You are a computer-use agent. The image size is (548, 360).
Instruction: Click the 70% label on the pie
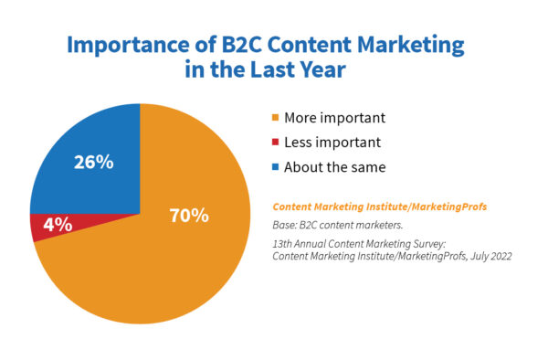coord(189,217)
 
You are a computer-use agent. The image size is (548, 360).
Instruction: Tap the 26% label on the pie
coord(93,163)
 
